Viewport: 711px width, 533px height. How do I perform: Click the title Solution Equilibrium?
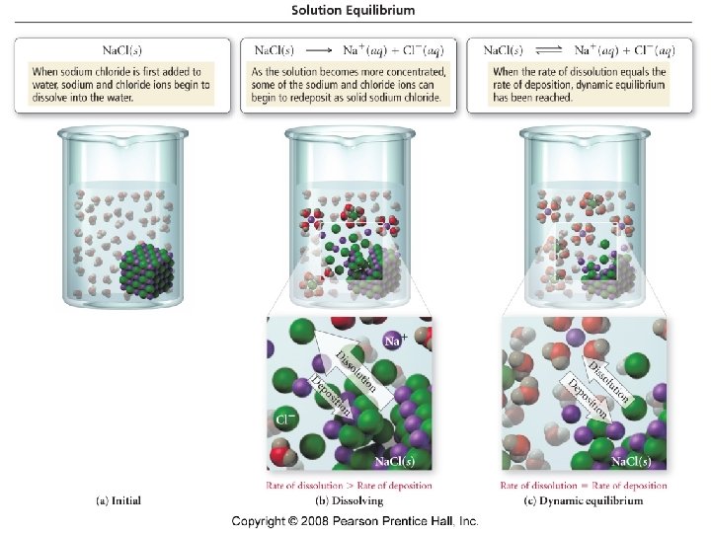point(353,10)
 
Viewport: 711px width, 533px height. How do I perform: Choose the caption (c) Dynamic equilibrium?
point(584,500)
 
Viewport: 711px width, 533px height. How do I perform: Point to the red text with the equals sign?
point(584,485)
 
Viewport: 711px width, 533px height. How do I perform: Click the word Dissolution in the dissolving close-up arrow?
point(355,369)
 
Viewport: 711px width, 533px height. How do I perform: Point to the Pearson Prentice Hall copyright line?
point(355,520)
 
